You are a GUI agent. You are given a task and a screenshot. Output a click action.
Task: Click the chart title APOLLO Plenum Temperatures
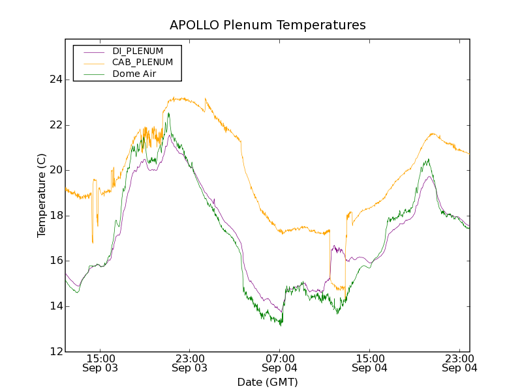[268, 25]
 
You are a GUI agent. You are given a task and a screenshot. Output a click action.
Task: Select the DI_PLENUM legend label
[138, 51]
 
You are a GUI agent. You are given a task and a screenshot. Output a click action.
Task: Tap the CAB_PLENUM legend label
[142, 63]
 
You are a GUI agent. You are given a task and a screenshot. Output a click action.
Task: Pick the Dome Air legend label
[134, 74]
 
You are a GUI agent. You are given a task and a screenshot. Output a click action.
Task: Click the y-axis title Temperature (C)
[42, 195]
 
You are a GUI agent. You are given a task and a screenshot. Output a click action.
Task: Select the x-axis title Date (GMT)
[268, 382]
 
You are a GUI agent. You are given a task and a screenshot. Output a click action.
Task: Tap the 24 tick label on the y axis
[55, 80]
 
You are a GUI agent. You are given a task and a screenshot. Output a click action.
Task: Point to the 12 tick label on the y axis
[55, 352]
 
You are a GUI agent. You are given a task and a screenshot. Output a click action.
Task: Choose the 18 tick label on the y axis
[55, 216]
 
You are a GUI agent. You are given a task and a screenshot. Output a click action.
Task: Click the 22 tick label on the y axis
[55, 125]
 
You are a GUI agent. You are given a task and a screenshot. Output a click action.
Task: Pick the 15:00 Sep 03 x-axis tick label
[100, 363]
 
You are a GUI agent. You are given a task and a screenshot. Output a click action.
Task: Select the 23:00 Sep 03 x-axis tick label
[190, 363]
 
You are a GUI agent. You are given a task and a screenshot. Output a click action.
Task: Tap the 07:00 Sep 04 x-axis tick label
[280, 363]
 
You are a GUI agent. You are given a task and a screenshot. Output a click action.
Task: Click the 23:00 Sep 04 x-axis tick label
[459, 363]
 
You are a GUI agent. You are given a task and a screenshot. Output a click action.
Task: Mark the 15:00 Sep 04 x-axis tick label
[369, 363]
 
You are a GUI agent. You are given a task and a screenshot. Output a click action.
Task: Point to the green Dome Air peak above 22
[168, 113]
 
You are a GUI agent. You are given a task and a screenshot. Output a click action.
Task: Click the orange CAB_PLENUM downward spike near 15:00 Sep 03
[93, 242]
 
